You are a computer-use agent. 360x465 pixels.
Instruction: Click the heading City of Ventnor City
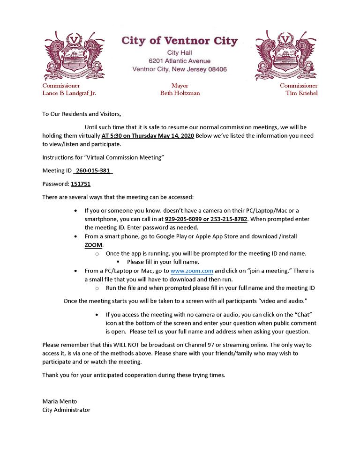180,41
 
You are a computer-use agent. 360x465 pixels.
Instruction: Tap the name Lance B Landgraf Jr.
69,93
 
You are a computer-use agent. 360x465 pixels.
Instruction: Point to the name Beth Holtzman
180,93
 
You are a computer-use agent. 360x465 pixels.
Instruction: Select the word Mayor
180,86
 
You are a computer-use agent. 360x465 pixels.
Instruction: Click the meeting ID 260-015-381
93,170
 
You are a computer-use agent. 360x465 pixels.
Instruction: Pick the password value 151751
81,184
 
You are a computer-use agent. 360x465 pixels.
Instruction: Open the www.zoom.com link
192,271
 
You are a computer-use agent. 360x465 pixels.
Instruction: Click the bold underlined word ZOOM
94,245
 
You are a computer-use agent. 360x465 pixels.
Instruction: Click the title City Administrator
66,410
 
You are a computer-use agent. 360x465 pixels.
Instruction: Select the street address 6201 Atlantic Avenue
180,61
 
